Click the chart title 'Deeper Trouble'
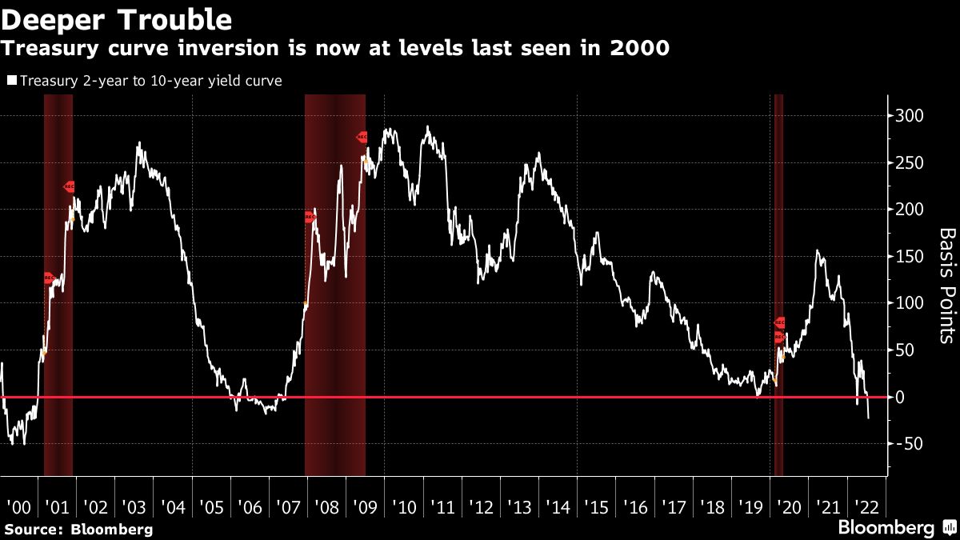118,18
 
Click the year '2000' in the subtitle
639,48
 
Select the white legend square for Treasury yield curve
12,81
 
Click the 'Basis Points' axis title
946,286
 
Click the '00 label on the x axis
18,507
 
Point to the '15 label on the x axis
596,507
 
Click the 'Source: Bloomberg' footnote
78,530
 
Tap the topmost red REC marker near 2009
362,138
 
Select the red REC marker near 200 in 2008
310,217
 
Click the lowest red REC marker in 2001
49,278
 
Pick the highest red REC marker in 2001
69,186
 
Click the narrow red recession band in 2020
778,284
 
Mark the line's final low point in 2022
869,418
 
